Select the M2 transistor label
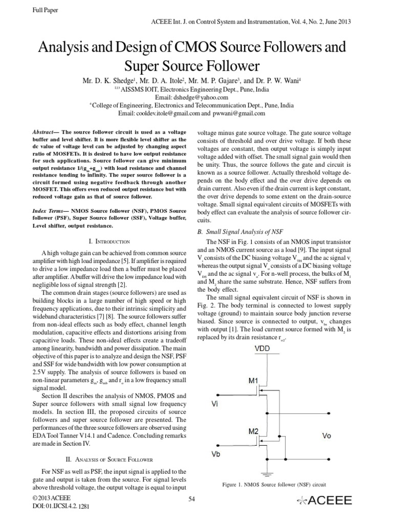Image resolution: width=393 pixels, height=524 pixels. tap(255, 431)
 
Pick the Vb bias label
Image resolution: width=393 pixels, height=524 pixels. tap(216, 455)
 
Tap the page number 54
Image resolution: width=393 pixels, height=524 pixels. tap(192, 499)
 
